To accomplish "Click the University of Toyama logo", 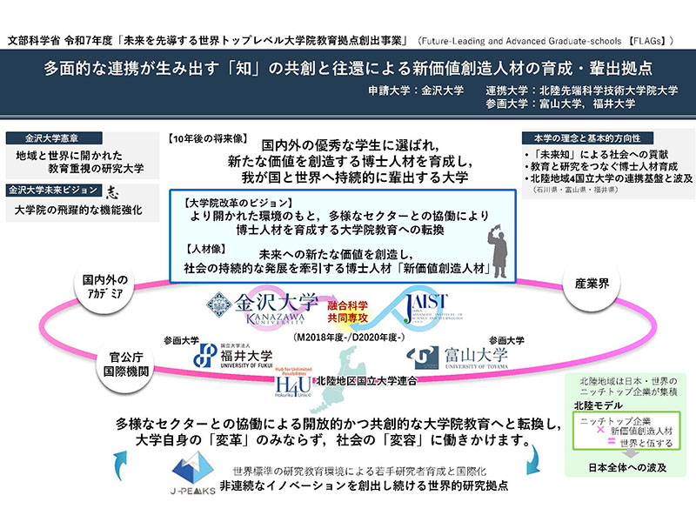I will [459, 356].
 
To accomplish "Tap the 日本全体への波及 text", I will [620, 468].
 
